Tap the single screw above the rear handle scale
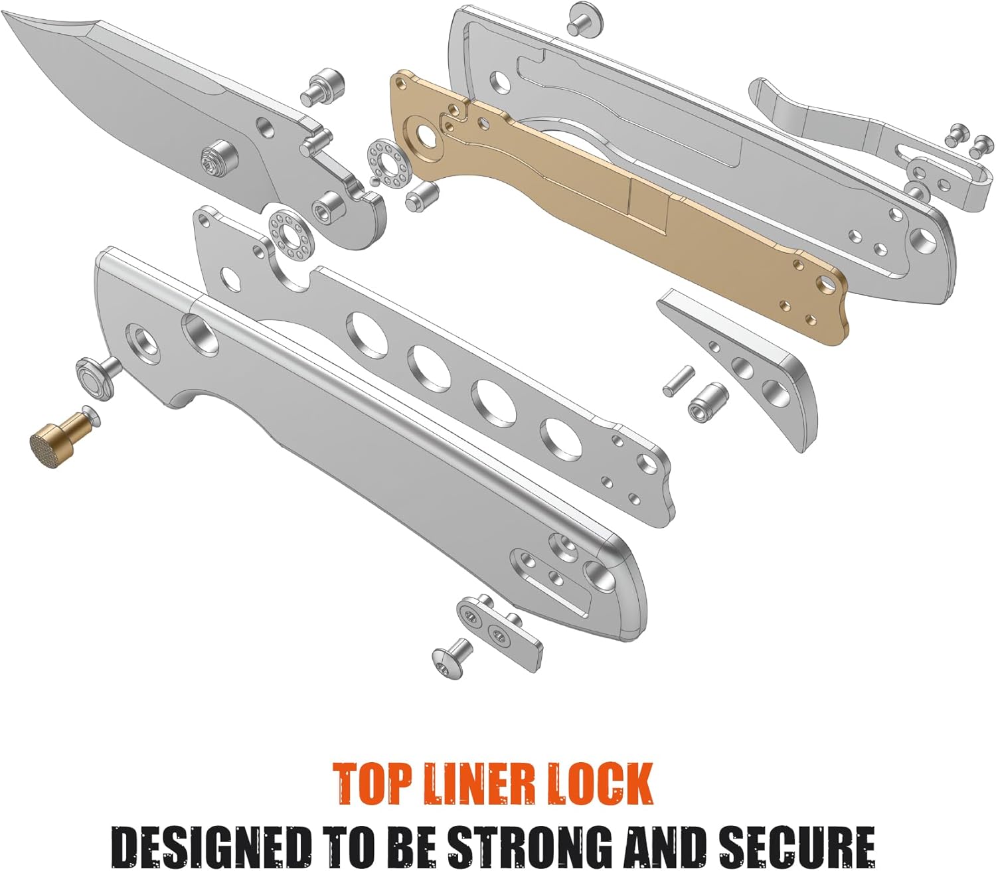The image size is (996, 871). point(584,18)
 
